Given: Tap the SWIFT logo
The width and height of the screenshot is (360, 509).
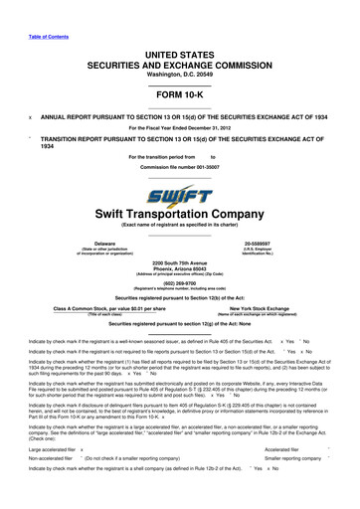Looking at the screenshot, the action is pos(180,197).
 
